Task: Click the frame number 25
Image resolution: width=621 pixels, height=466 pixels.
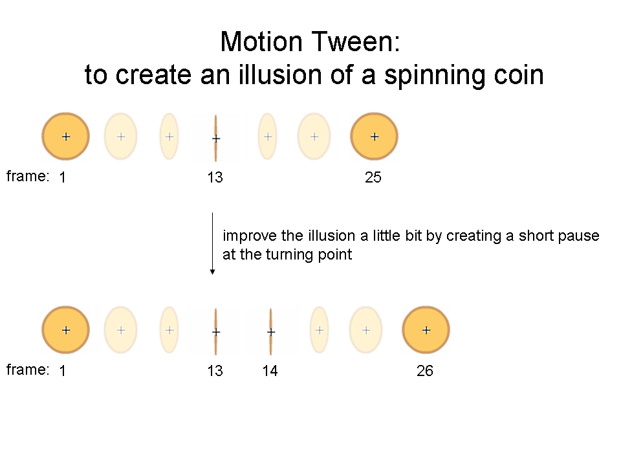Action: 373,177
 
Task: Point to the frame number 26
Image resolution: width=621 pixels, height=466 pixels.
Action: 425,370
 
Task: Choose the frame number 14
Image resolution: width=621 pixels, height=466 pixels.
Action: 270,370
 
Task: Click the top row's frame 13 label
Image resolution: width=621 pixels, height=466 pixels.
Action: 215,177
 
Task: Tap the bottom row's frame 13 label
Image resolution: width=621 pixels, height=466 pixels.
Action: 215,370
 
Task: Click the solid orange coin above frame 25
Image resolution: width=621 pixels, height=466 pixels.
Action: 375,137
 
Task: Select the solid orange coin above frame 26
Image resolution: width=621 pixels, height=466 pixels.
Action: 426,330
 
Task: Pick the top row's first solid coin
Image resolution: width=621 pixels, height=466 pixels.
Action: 66,137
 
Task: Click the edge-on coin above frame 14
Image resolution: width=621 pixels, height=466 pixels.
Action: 270,331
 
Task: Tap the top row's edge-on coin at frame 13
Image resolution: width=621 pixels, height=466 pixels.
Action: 216,139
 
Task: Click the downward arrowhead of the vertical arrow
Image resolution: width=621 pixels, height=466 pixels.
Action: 213,272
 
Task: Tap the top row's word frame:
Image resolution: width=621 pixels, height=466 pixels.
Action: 28,176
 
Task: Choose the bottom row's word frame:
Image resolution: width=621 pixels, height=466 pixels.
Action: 28,370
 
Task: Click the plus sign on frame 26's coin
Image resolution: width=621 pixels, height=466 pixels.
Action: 426,330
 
